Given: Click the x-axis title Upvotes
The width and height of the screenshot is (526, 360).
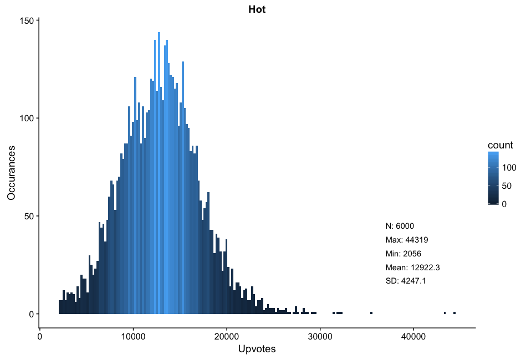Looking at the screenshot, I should pyautogui.click(x=257, y=349).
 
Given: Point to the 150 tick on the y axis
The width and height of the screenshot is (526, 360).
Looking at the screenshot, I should pyautogui.click(x=27, y=20).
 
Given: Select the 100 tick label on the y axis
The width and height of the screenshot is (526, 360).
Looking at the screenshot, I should pyautogui.click(x=27, y=118).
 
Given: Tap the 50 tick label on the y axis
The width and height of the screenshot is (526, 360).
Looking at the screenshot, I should pyautogui.click(x=29, y=216).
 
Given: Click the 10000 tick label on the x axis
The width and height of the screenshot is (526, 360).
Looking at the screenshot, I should pyautogui.click(x=133, y=336).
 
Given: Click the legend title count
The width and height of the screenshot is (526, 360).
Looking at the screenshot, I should pyautogui.click(x=500, y=145).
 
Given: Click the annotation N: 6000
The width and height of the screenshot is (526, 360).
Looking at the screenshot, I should pyautogui.click(x=400, y=226).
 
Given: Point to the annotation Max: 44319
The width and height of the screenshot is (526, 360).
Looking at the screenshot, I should pyautogui.click(x=407, y=240).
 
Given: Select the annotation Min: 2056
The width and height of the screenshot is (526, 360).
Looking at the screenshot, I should pyautogui.click(x=405, y=254).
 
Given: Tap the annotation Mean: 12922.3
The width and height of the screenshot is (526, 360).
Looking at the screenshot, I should pyautogui.click(x=412, y=268).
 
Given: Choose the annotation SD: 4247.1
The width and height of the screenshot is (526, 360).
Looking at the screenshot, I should pyautogui.click(x=406, y=281).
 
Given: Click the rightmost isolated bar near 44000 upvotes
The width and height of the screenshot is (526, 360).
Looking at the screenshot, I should pyautogui.click(x=454, y=313).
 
